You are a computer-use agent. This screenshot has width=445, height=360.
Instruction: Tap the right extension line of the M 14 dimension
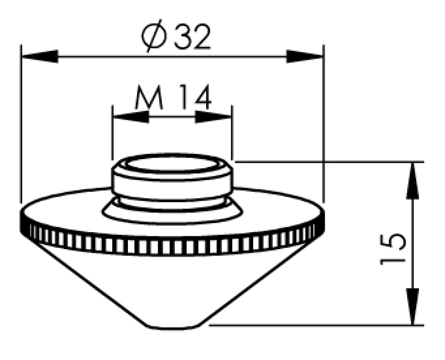(x=232, y=135)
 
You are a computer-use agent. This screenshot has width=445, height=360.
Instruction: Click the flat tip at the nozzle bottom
(x=173, y=327)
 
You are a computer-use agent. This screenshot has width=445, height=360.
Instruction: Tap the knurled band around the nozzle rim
(x=173, y=244)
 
